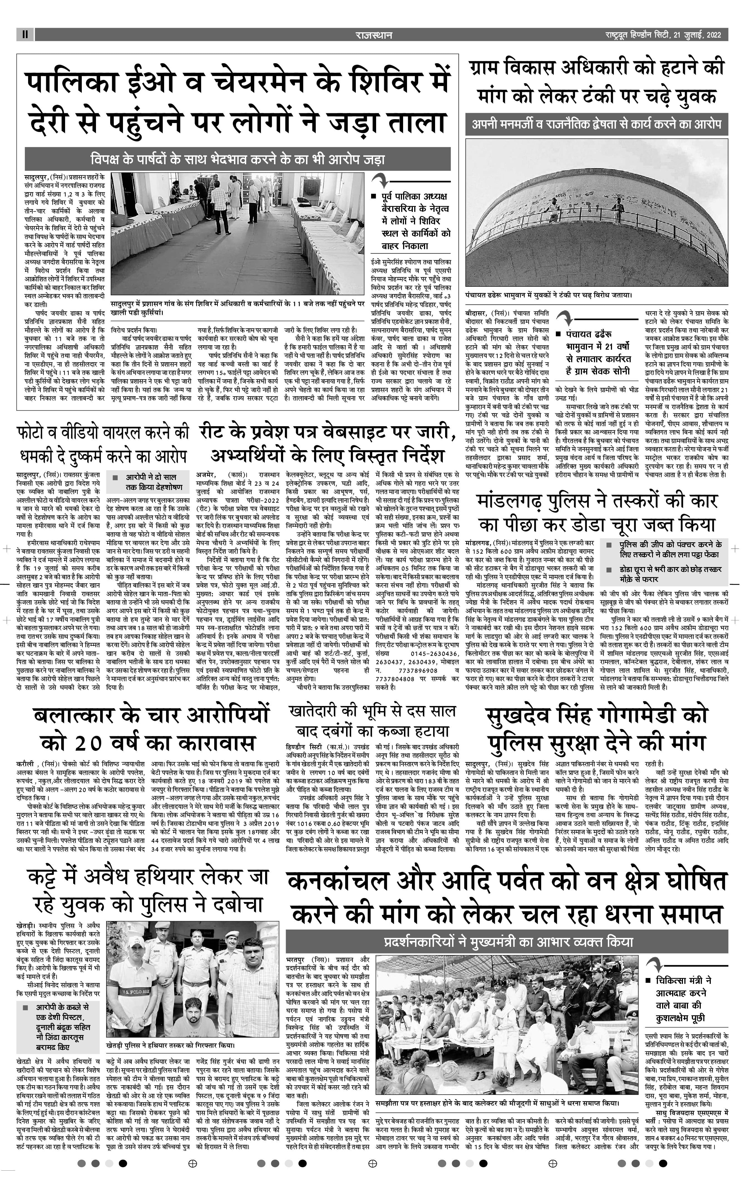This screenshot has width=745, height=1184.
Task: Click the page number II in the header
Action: click(24, 35)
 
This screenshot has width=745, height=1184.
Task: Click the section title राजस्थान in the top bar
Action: click(374, 35)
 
